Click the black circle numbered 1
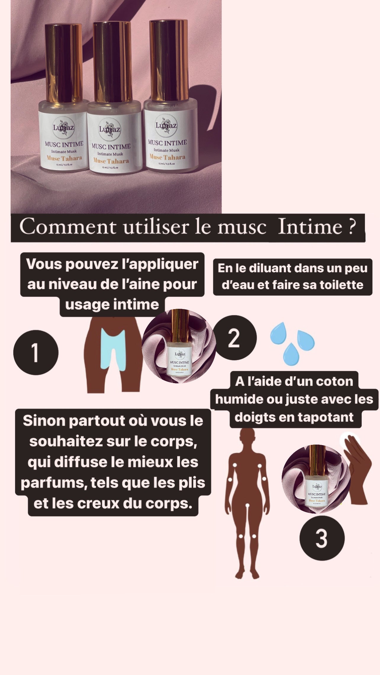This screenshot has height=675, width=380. point(36,353)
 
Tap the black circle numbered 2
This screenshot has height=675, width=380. point(234,337)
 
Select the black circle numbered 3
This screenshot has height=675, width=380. point(322,538)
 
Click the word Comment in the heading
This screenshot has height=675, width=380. point(68,227)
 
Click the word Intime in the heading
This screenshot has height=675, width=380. point(310,227)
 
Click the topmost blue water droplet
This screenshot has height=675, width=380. point(278,333)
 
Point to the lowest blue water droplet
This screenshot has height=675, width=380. point(291,354)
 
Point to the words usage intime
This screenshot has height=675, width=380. point(112,305)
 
